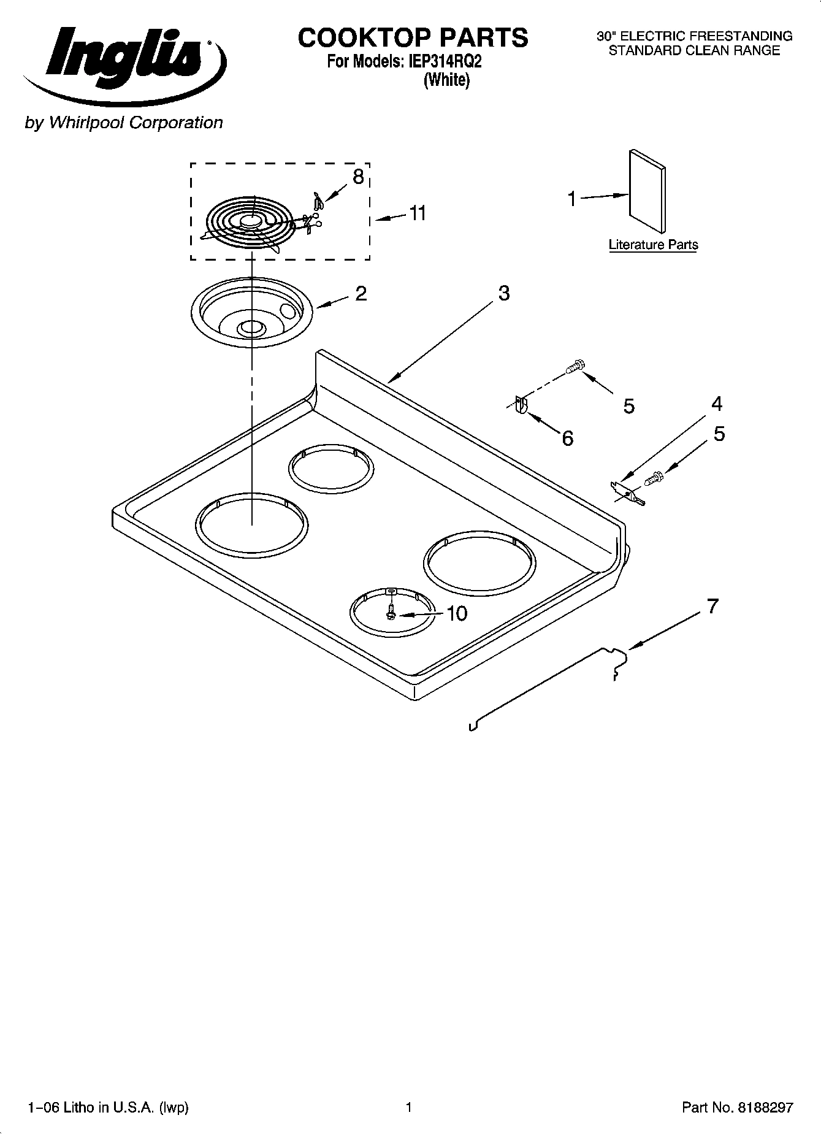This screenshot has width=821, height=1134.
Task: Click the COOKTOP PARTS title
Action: point(413,38)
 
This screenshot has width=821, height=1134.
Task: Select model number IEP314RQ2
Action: point(441,62)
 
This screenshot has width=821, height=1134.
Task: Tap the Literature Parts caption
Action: point(653,245)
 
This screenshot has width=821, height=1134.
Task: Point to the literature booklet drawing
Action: point(647,191)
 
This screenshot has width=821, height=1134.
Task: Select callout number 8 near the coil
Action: point(358,177)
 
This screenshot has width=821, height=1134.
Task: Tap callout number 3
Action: point(503,293)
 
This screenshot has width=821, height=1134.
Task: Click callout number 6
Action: point(567,438)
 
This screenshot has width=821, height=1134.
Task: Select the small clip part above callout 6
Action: point(521,405)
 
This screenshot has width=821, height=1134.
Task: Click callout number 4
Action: point(716,404)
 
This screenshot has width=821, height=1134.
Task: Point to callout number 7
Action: point(711,607)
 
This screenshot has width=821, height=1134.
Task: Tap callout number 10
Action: point(457,613)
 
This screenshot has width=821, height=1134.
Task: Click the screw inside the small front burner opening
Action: point(391,612)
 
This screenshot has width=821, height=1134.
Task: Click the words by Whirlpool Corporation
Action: point(123,123)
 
